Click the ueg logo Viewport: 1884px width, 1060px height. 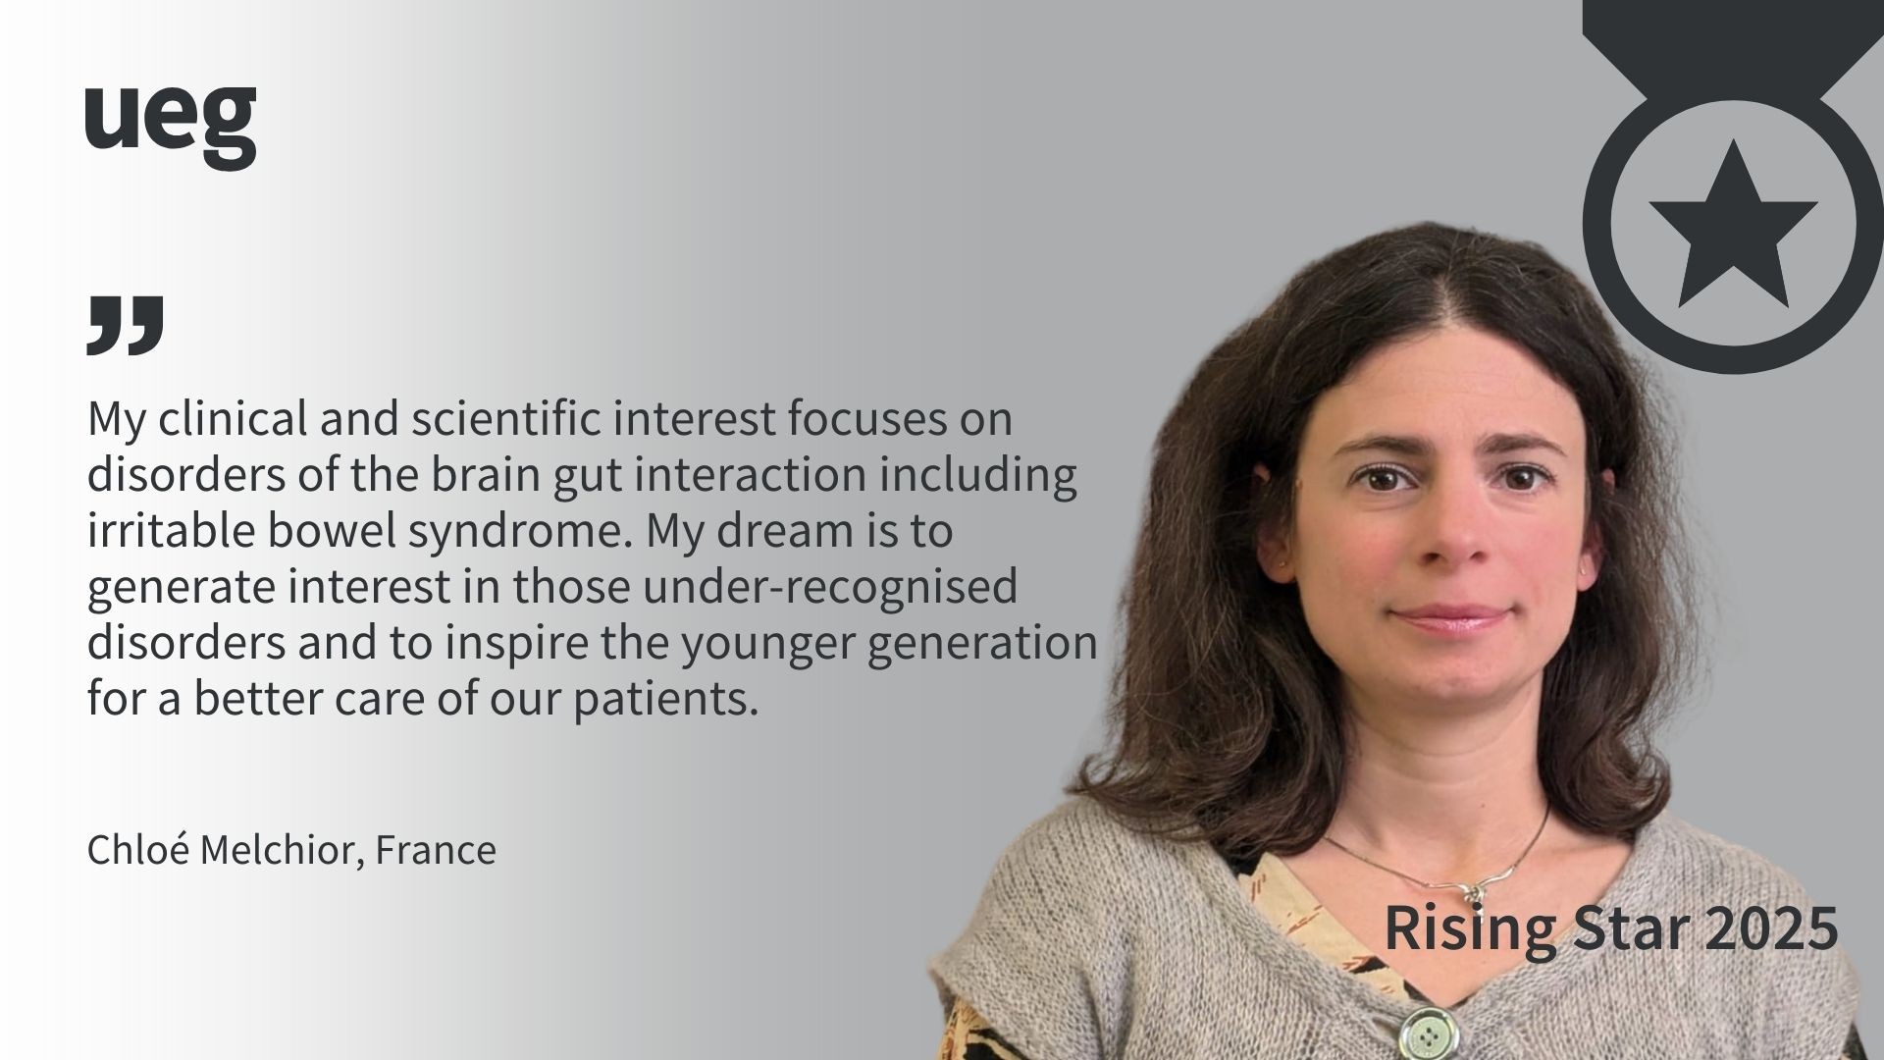170,127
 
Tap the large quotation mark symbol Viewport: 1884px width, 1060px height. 125,325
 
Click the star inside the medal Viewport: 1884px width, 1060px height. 1733,224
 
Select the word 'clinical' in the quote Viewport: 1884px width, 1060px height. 232,418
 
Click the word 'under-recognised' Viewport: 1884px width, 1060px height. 830,588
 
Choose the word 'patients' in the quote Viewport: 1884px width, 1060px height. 666,701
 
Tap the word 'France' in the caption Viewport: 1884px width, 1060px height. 436,850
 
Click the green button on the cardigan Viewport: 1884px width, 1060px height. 1428,1033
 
